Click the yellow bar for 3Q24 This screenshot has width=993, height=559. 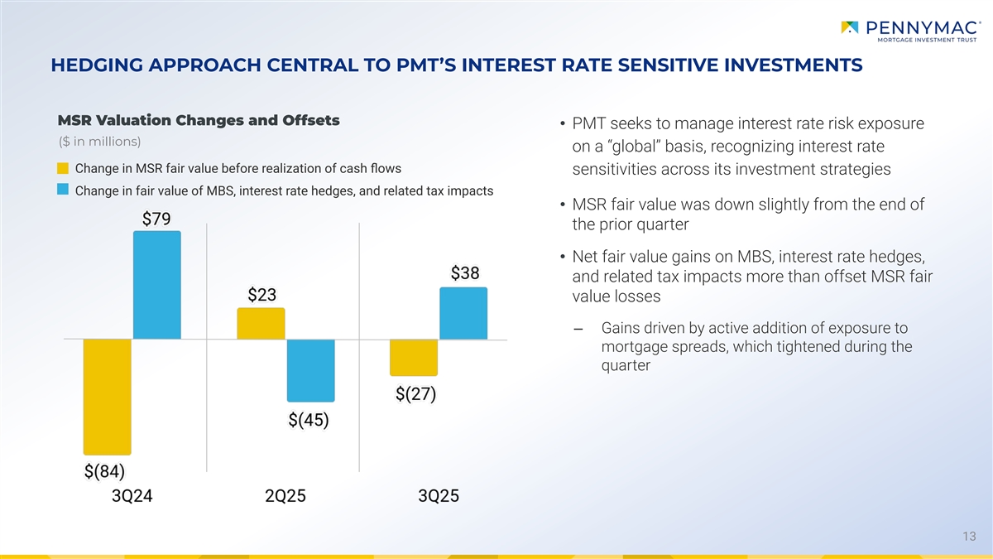108,397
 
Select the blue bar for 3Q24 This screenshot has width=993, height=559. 157,285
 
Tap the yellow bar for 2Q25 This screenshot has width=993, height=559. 261,324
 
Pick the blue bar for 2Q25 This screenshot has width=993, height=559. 311,370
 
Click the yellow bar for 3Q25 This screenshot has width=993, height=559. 413,357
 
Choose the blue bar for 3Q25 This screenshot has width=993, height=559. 463,313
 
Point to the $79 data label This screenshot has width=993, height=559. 157,219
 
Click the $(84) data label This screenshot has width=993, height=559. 104,471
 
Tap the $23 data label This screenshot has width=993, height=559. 262,296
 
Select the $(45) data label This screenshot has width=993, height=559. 309,420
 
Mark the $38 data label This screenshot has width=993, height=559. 465,273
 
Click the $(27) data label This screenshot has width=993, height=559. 416,394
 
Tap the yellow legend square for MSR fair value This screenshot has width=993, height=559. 62,169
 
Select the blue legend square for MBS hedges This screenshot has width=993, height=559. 62,190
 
